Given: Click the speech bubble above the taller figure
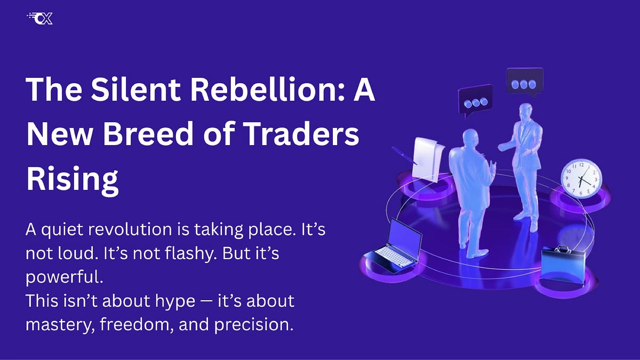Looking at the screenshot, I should tap(524, 83).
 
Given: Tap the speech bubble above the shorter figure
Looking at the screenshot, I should tap(475, 100).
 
